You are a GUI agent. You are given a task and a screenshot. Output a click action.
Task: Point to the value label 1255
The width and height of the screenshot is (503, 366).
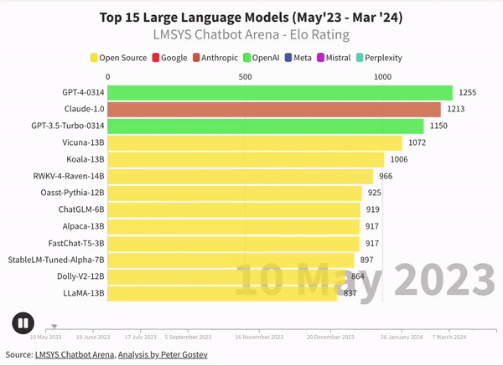click(468, 93)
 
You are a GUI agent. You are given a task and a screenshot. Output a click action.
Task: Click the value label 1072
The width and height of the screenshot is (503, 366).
click(417, 143)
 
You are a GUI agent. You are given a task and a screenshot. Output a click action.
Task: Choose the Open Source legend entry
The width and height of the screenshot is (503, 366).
click(118, 58)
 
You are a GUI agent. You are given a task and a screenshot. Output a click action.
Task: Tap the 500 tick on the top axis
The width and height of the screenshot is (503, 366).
click(246, 76)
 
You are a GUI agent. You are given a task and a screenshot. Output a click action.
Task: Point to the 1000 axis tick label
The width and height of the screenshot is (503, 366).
click(383, 76)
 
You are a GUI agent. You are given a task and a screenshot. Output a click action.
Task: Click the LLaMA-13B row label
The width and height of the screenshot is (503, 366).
click(84, 293)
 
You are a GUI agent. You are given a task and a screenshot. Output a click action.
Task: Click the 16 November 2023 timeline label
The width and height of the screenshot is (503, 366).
click(259, 337)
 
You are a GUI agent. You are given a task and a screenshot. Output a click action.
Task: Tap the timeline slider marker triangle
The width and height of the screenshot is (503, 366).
click(54, 327)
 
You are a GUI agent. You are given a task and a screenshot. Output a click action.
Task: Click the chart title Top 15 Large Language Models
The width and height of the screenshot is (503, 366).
click(251, 17)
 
